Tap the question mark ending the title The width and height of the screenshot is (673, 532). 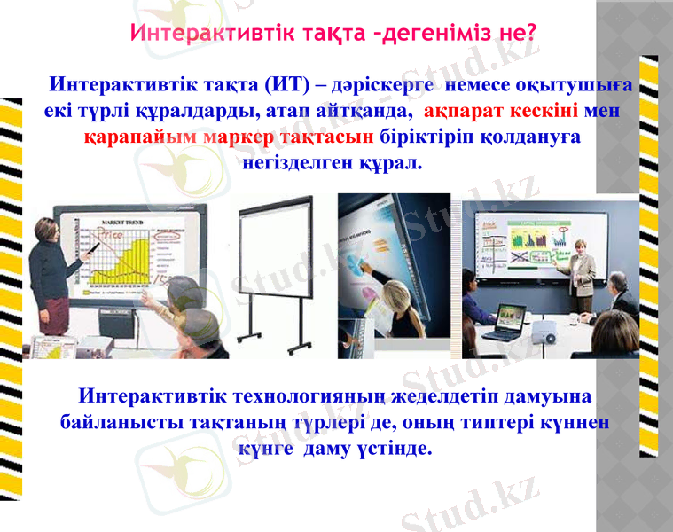(x=530, y=34)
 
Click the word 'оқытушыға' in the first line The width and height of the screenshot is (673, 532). (x=582, y=86)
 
